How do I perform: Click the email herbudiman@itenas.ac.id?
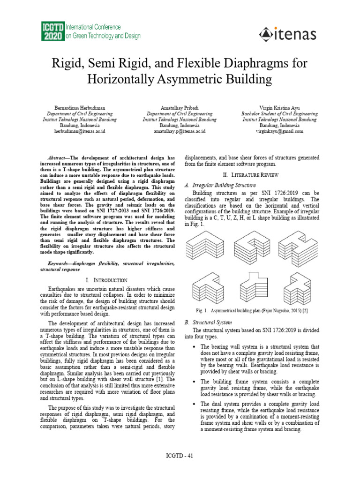click(80, 132)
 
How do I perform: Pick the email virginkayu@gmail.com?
click(279, 132)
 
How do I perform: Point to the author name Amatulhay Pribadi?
click(180, 107)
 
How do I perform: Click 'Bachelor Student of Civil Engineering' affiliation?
click(279, 113)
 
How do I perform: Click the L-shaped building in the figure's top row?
click(207, 247)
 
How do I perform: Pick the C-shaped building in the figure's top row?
click(253, 247)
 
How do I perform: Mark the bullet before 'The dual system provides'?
click(194, 404)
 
